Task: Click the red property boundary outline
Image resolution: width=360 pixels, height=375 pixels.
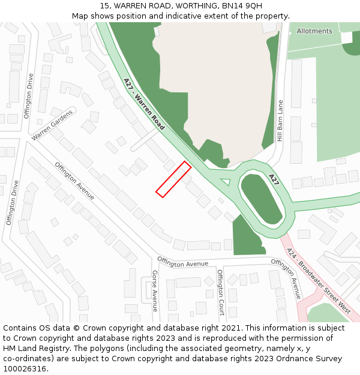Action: pos(173,179)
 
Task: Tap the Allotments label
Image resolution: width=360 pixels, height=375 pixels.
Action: pos(314,31)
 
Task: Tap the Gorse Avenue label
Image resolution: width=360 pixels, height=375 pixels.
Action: pos(154,290)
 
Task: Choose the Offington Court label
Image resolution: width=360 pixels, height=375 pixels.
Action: pos(220,292)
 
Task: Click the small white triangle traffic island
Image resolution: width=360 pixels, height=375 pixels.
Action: pos(226,181)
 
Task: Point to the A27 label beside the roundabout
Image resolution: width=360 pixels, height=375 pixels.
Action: pos(274,179)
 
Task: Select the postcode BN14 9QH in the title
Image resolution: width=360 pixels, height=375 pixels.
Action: pos(244,6)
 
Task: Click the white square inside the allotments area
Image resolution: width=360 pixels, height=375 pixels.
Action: pos(346,37)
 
